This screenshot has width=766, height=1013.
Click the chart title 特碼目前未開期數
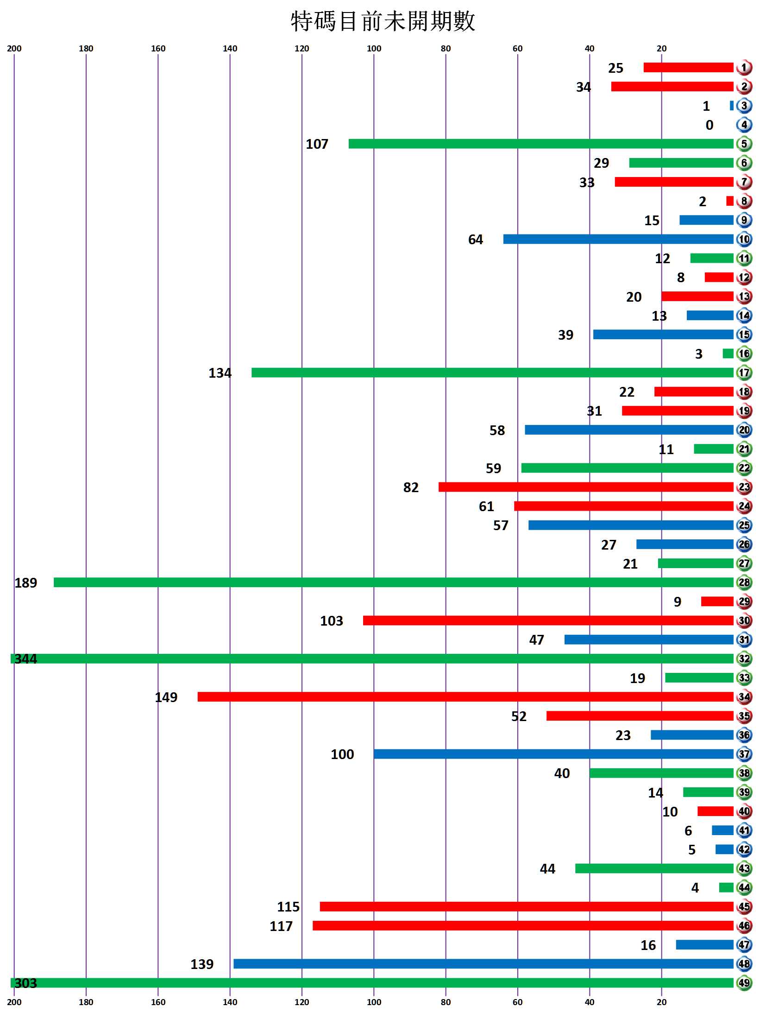[x=383, y=21]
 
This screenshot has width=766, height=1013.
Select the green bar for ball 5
[x=540, y=144]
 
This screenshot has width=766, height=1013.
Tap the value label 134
[x=220, y=373]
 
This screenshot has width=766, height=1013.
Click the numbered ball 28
[x=744, y=582]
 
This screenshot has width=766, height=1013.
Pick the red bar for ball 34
[x=465, y=696]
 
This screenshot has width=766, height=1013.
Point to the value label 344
[x=25, y=659]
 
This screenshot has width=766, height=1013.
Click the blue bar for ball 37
[x=553, y=754]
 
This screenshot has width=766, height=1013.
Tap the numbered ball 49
[x=744, y=983]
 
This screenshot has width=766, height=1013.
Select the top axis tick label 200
[x=14, y=49]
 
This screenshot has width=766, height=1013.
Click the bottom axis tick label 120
[x=301, y=1002]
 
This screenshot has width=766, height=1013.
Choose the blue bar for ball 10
[x=618, y=239]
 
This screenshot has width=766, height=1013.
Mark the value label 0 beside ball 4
[x=709, y=125]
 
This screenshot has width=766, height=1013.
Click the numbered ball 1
[x=744, y=68]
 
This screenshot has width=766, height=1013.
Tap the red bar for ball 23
[x=586, y=487]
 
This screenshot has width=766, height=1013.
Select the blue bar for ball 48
[x=483, y=964]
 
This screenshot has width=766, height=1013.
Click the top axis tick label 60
[x=517, y=49]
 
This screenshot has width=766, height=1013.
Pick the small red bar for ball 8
[x=729, y=201]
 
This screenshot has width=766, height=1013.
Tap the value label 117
[x=281, y=926]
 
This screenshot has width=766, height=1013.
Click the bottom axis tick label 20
[x=661, y=1002]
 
